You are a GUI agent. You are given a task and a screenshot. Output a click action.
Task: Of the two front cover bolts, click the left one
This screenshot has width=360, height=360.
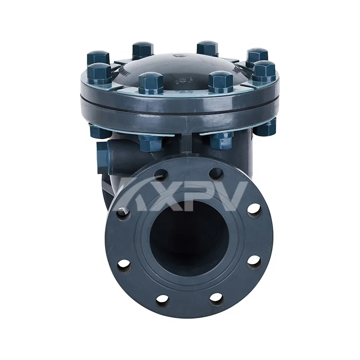[x=150, y=82]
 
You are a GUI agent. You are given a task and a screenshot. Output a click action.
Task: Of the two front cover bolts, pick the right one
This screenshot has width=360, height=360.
[x=221, y=81]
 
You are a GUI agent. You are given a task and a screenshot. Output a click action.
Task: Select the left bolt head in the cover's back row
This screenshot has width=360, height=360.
[x=143, y=49]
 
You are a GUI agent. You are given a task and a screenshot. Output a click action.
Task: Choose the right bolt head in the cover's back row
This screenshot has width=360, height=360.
[x=207, y=48]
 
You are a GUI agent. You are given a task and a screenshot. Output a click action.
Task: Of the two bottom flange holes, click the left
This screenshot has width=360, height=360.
[x=163, y=298]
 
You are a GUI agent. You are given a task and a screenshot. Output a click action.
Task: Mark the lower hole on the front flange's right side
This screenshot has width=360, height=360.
[x=254, y=261]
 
